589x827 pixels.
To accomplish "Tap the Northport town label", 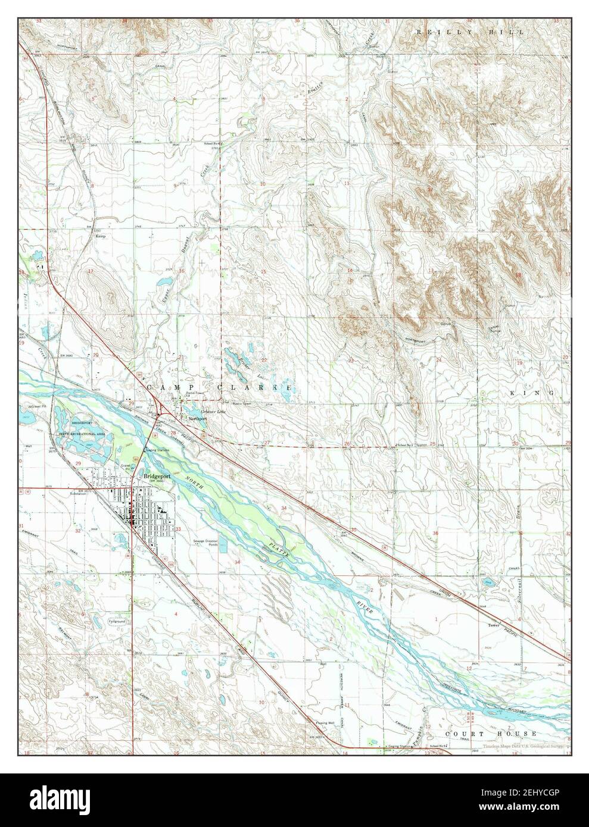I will coord(197,419).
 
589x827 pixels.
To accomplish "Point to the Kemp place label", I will coord(101,236).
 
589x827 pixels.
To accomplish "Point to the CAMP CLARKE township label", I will coord(220,387).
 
